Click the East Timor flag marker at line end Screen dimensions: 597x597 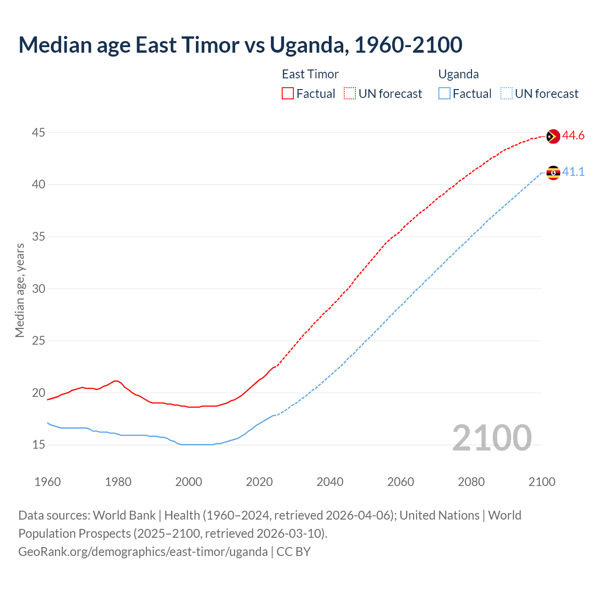click(x=553, y=136)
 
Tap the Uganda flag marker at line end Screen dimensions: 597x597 click(x=553, y=173)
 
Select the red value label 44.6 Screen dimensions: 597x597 click(x=573, y=136)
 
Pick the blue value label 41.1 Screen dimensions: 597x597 click(x=573, y=172)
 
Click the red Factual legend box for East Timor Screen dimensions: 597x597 click(x=288, y=94)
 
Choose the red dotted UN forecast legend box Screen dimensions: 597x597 click(x=350, y=94)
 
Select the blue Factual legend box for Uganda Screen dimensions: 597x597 click(x=444, y=94)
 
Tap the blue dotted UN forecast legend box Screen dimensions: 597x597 click(x=506, y=94)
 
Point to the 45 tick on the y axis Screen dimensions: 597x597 click(x=38, y=133)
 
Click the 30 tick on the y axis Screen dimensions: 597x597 click(x=38, y=289)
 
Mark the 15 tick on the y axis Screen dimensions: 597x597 click(x=38, y=445)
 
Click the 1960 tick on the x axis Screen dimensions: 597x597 click(x=48, y=482)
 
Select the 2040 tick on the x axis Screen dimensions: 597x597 click(x=330, y=482)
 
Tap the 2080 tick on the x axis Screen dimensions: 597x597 click(x=471, y=482)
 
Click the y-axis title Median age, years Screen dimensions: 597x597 click(x=20, y=290)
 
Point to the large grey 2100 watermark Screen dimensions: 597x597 click(x=492, y=437)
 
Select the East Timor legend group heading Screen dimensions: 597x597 click(x=310, y=74)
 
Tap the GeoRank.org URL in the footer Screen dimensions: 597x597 click(x=143, y=552)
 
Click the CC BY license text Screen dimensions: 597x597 click(x=293, y=552)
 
